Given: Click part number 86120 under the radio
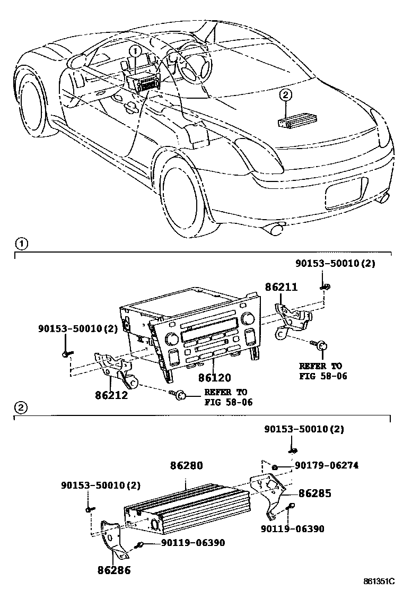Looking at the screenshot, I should pyautogui.click(x=215, y=379).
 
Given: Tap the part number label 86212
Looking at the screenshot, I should pyautogui.click(x=112, y=395).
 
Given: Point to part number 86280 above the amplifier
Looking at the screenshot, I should pyautogui.click(x=186, y=466).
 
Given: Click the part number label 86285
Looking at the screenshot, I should pyautogui.click(x=314, y=493).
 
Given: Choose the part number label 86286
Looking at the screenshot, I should pyautogui.click(x=114, y=570).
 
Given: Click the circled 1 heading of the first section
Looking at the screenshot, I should pyautogui.click(x=20, y=245).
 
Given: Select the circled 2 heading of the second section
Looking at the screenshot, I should pyautogui.click(x=20, y=408).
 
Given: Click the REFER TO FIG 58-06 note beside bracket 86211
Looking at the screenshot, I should pyautogui.click(x=321, y=371).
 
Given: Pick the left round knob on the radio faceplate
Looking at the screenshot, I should pyautogui.click(x=172, y=338).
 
